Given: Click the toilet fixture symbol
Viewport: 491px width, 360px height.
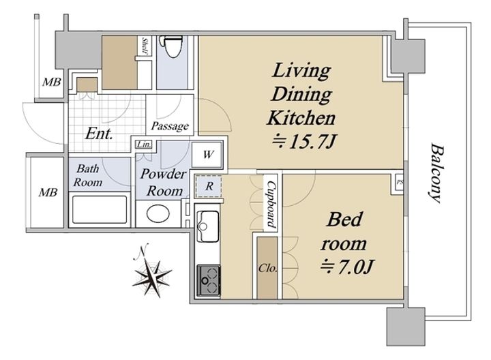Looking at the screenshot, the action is (170, 46).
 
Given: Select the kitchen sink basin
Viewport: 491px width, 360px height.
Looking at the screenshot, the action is (209, 226).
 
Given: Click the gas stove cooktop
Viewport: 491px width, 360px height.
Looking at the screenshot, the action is (209, 280).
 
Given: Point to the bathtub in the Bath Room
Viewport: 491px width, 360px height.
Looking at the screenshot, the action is (100, 209).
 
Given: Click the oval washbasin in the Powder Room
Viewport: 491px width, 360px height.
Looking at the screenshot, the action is (158, 213).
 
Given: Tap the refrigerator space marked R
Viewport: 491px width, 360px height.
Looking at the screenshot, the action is (209, 186).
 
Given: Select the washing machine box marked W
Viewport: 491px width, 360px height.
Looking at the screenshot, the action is (207, 154).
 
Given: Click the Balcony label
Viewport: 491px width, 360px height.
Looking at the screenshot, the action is (436, 173).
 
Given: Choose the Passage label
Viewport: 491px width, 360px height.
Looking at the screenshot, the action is (170, 126).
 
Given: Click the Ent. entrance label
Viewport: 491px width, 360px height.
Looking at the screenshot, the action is (99, 134).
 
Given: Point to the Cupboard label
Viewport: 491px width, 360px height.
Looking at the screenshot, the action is (271, 204).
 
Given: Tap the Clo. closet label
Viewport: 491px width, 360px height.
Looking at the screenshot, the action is (268, 268).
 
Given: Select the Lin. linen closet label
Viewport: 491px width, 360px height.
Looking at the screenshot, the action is (144, 145).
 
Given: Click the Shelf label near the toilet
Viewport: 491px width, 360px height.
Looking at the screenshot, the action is (145, 46).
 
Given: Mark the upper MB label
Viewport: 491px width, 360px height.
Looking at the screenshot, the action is (52, 82).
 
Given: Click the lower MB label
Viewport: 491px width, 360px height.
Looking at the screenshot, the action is (48, 192).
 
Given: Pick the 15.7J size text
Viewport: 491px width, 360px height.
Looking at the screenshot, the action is (303, 142).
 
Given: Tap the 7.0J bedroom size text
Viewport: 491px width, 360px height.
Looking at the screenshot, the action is (346, 267).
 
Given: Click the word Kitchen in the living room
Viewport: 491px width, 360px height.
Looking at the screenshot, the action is (301, 119).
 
